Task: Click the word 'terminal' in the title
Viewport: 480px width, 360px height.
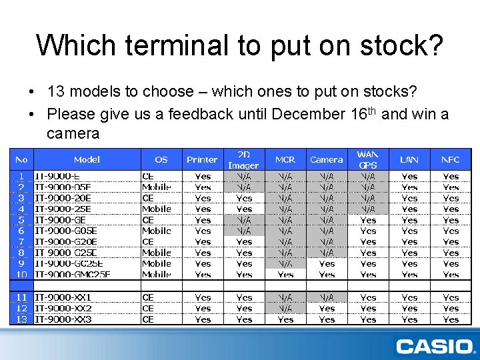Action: click(193, 45)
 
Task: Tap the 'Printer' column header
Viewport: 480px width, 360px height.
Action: click(202, 159)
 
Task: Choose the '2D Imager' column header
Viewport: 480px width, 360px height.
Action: click(244, 159)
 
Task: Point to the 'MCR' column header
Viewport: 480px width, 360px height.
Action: click(285, 159)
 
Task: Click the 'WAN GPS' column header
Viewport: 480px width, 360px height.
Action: click(368, 159)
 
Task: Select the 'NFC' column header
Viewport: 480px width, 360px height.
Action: click(451, 159)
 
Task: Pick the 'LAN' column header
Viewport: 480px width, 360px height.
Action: click(409, 159)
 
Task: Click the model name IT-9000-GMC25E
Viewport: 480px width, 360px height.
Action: click(73, 274)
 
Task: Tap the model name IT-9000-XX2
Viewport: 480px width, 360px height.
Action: click(63, 308)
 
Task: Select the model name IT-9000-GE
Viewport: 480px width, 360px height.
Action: click(60, 220)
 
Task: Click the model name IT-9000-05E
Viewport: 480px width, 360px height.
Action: click(63, 187)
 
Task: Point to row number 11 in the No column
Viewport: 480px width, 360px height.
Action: click(21, 297)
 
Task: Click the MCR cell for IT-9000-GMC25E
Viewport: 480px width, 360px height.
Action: click(285, 274)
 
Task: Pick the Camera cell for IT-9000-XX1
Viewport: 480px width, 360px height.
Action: click(327, 297)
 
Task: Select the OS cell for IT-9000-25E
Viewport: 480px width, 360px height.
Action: click(157, 209)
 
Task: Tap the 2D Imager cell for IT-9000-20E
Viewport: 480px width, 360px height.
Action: click(244, 198)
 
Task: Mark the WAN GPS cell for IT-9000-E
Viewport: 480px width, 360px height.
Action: click(368, 177)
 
